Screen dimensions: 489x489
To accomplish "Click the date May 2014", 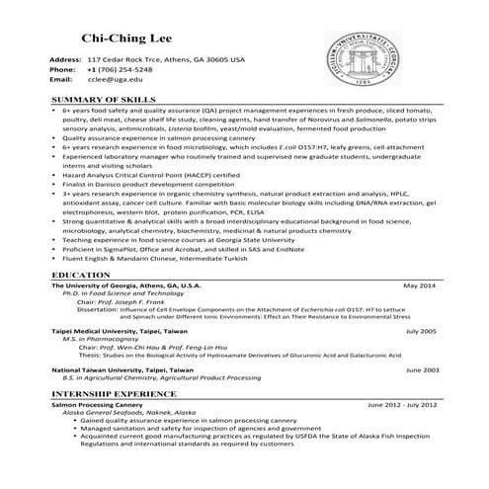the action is (x=419, y=285).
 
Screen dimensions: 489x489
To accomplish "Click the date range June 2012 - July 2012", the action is (x=401, y=405).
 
